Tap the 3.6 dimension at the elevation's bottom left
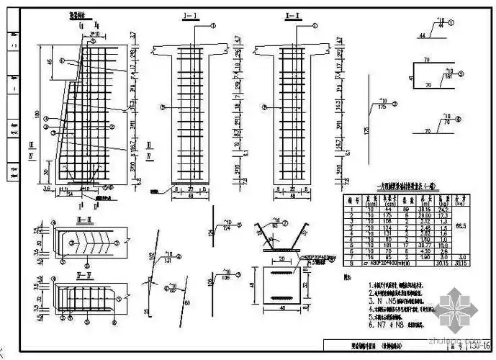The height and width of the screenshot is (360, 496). click(46, 189)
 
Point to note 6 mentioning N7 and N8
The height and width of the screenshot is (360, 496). click(388, 325)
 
